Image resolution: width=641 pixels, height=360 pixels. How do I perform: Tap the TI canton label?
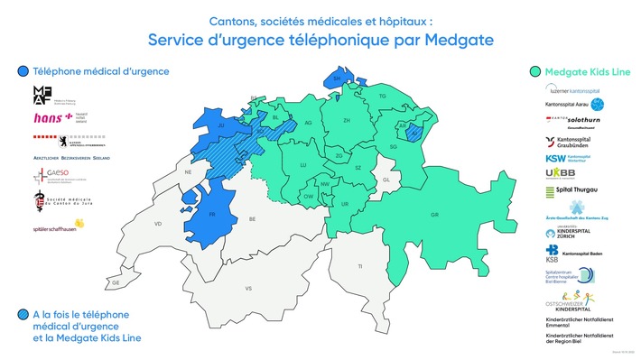tap(359, 267)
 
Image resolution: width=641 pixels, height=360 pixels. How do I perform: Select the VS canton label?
tap(247, 289)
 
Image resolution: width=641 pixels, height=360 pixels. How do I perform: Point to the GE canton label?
tap(116, 282)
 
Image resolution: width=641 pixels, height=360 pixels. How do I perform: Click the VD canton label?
tap(158, 223)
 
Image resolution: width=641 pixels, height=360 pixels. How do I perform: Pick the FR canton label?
tap(211, 214)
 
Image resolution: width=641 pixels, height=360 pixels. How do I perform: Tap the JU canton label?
tap(220, 126)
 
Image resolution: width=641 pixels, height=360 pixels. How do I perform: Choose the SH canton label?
tap(337, 79)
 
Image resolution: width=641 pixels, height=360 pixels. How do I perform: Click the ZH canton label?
tap(347, 120)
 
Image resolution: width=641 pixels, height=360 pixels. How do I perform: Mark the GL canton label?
tap(386, 180)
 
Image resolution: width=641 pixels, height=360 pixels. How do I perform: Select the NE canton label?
tap(189, 171)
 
